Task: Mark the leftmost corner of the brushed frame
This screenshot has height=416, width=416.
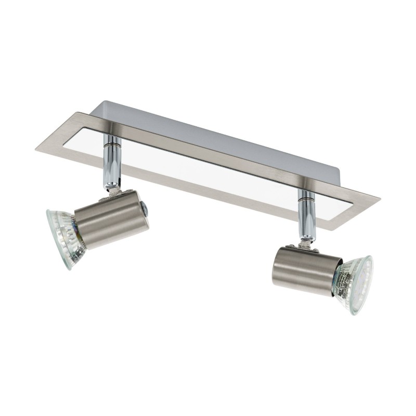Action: click(36, 148)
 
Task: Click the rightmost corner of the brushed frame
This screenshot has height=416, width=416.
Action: click(380, 198)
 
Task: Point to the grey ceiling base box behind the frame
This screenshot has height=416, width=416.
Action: click(208, 125)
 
